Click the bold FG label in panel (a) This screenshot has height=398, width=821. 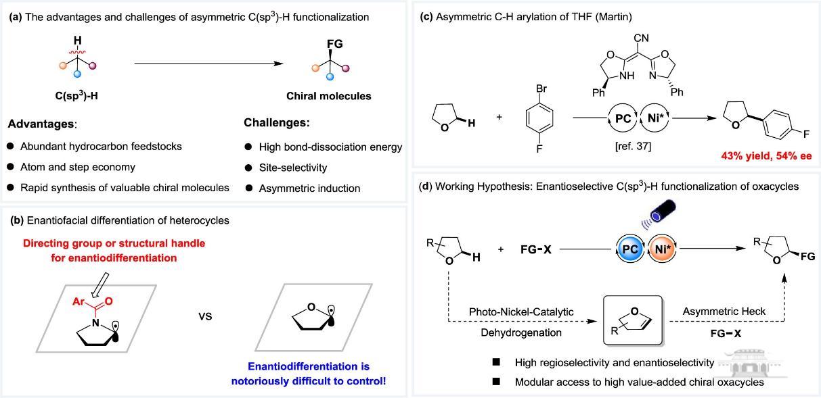point(335,45)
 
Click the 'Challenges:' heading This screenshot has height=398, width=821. point(275,123)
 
